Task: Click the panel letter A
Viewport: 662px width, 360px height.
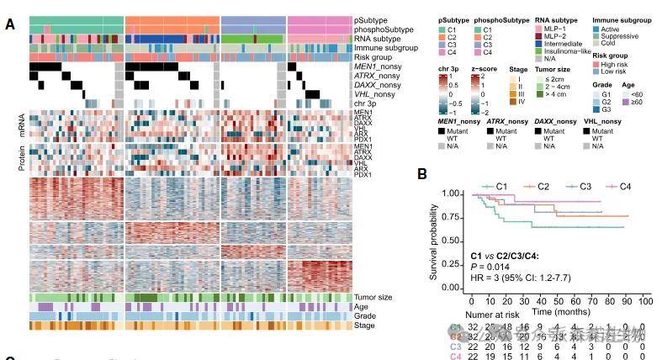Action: click(9, 24)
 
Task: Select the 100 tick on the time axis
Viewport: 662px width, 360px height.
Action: click(645, 299)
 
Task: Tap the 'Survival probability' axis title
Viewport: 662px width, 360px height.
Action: click(436, 241)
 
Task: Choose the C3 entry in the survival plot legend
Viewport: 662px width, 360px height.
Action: click(578, 185)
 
